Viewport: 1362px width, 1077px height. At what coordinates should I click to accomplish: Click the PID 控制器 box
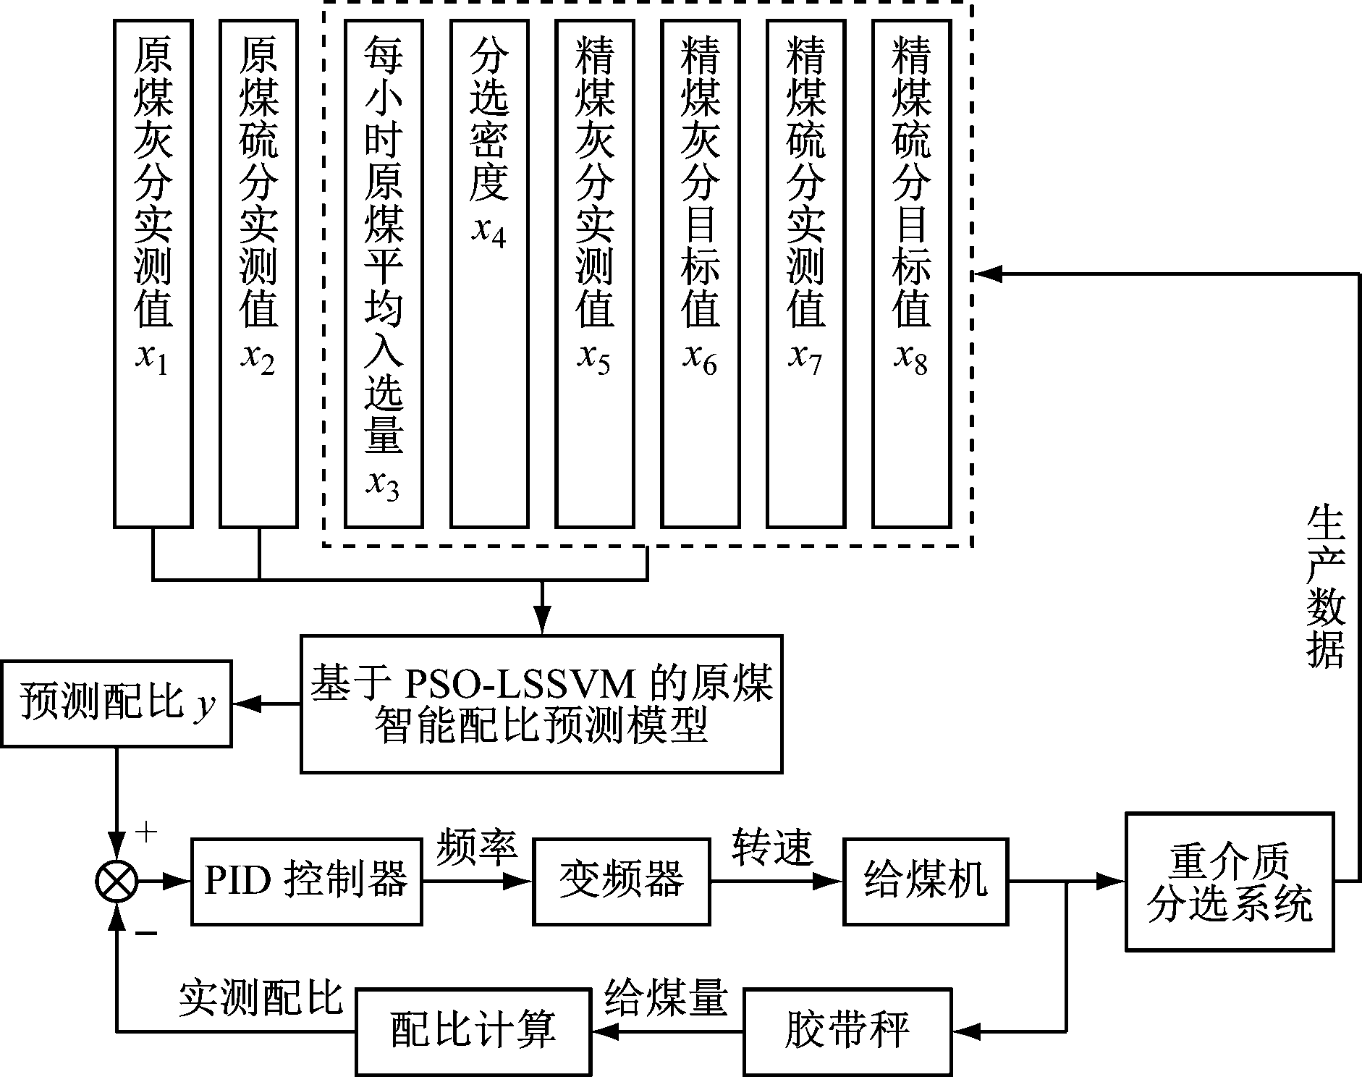[x=306, y=881]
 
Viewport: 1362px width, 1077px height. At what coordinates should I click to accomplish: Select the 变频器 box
[x=621, y=881]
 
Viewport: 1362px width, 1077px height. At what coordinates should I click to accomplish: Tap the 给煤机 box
[x=926, y=881]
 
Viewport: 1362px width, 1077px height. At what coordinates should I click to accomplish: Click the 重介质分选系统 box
[x=1229, y=881]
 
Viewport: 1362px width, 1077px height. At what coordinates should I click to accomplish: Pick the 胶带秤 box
[x=847, y=1031]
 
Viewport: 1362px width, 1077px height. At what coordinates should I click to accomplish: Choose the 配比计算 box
[x=473, y=1031]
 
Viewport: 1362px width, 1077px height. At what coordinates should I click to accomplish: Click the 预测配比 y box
[x=116, y=703]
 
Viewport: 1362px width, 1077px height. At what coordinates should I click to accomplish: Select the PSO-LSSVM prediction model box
[x=541, y=704]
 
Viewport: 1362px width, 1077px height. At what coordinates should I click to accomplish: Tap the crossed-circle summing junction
[x=117, y=882]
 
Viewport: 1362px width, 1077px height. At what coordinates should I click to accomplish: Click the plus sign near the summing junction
[x=146, y=832]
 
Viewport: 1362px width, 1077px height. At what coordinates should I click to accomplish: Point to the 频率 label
[x=475, y=845]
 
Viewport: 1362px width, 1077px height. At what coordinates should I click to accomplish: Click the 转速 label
[x=772, y=845]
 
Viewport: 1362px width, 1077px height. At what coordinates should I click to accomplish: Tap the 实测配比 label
[x=261, y=999]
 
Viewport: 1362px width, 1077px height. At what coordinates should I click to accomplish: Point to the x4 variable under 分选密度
[x=489, y=232]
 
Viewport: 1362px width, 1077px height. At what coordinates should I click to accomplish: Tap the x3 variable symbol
[x=383, y=485]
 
